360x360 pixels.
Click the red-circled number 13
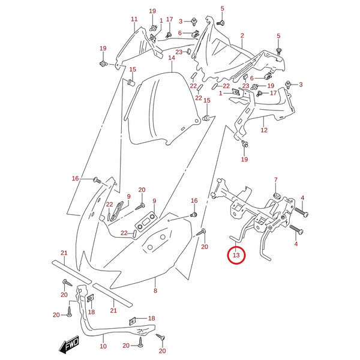[x=236, y=255]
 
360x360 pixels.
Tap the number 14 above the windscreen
[x=172, y=58]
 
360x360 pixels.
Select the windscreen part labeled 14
[x=163, y=109]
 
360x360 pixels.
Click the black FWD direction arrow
[x=69, y=344]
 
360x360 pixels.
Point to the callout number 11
[x=134, y=19]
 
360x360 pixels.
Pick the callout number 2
[x=242, y=35]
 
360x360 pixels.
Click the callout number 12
[x=264, y=130]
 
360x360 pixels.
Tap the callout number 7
[x=276, y=180]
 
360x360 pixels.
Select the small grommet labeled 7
[x=277, y=196]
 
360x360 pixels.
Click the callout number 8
[x=155, y=290]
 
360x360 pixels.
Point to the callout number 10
[x=103, y=346]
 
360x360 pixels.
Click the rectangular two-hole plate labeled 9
[x=146, y=222]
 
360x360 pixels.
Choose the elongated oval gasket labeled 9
[x=117, y=211]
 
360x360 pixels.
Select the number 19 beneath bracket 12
[x=245, y=159]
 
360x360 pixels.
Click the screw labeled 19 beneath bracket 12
[x=245, y=144]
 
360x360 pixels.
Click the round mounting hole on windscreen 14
[x=196, y=121]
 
